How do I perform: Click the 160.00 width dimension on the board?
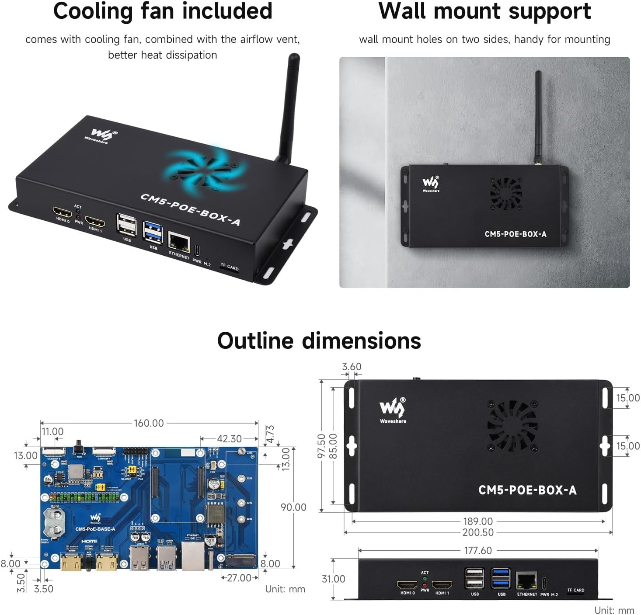tap(149, 423)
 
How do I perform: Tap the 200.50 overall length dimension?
tap(478, 532)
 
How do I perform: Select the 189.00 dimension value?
tap(478, 521)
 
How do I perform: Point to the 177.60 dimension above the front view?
tap(478, 551)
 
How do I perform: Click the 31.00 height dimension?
tap(333, 579)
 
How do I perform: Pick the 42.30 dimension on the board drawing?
tap(229, 439)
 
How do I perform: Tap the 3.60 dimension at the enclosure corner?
tap(352, 367)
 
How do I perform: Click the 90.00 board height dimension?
tap(293, 507)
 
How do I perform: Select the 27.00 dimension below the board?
tap(239, 578)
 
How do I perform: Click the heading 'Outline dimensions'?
tap(319, 341)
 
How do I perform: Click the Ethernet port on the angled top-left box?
tap(179, 241)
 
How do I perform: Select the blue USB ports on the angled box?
tap(153, 233)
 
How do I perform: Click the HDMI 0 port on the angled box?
tap(62, 213)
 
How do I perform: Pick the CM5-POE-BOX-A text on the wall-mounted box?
tap(516, 234)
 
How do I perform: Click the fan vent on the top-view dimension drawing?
tap(512, 426)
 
